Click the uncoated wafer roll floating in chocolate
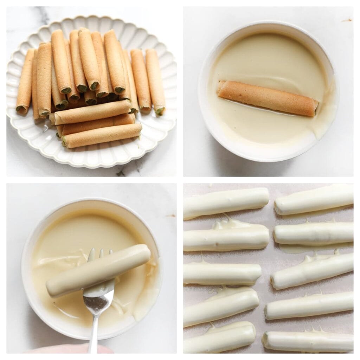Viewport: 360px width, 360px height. pos(267,98)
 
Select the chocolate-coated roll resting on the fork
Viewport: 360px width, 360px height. pos(98,271)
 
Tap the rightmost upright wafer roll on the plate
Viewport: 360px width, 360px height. pos(155,81)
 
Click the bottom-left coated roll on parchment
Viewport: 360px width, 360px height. pos(220,337)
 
